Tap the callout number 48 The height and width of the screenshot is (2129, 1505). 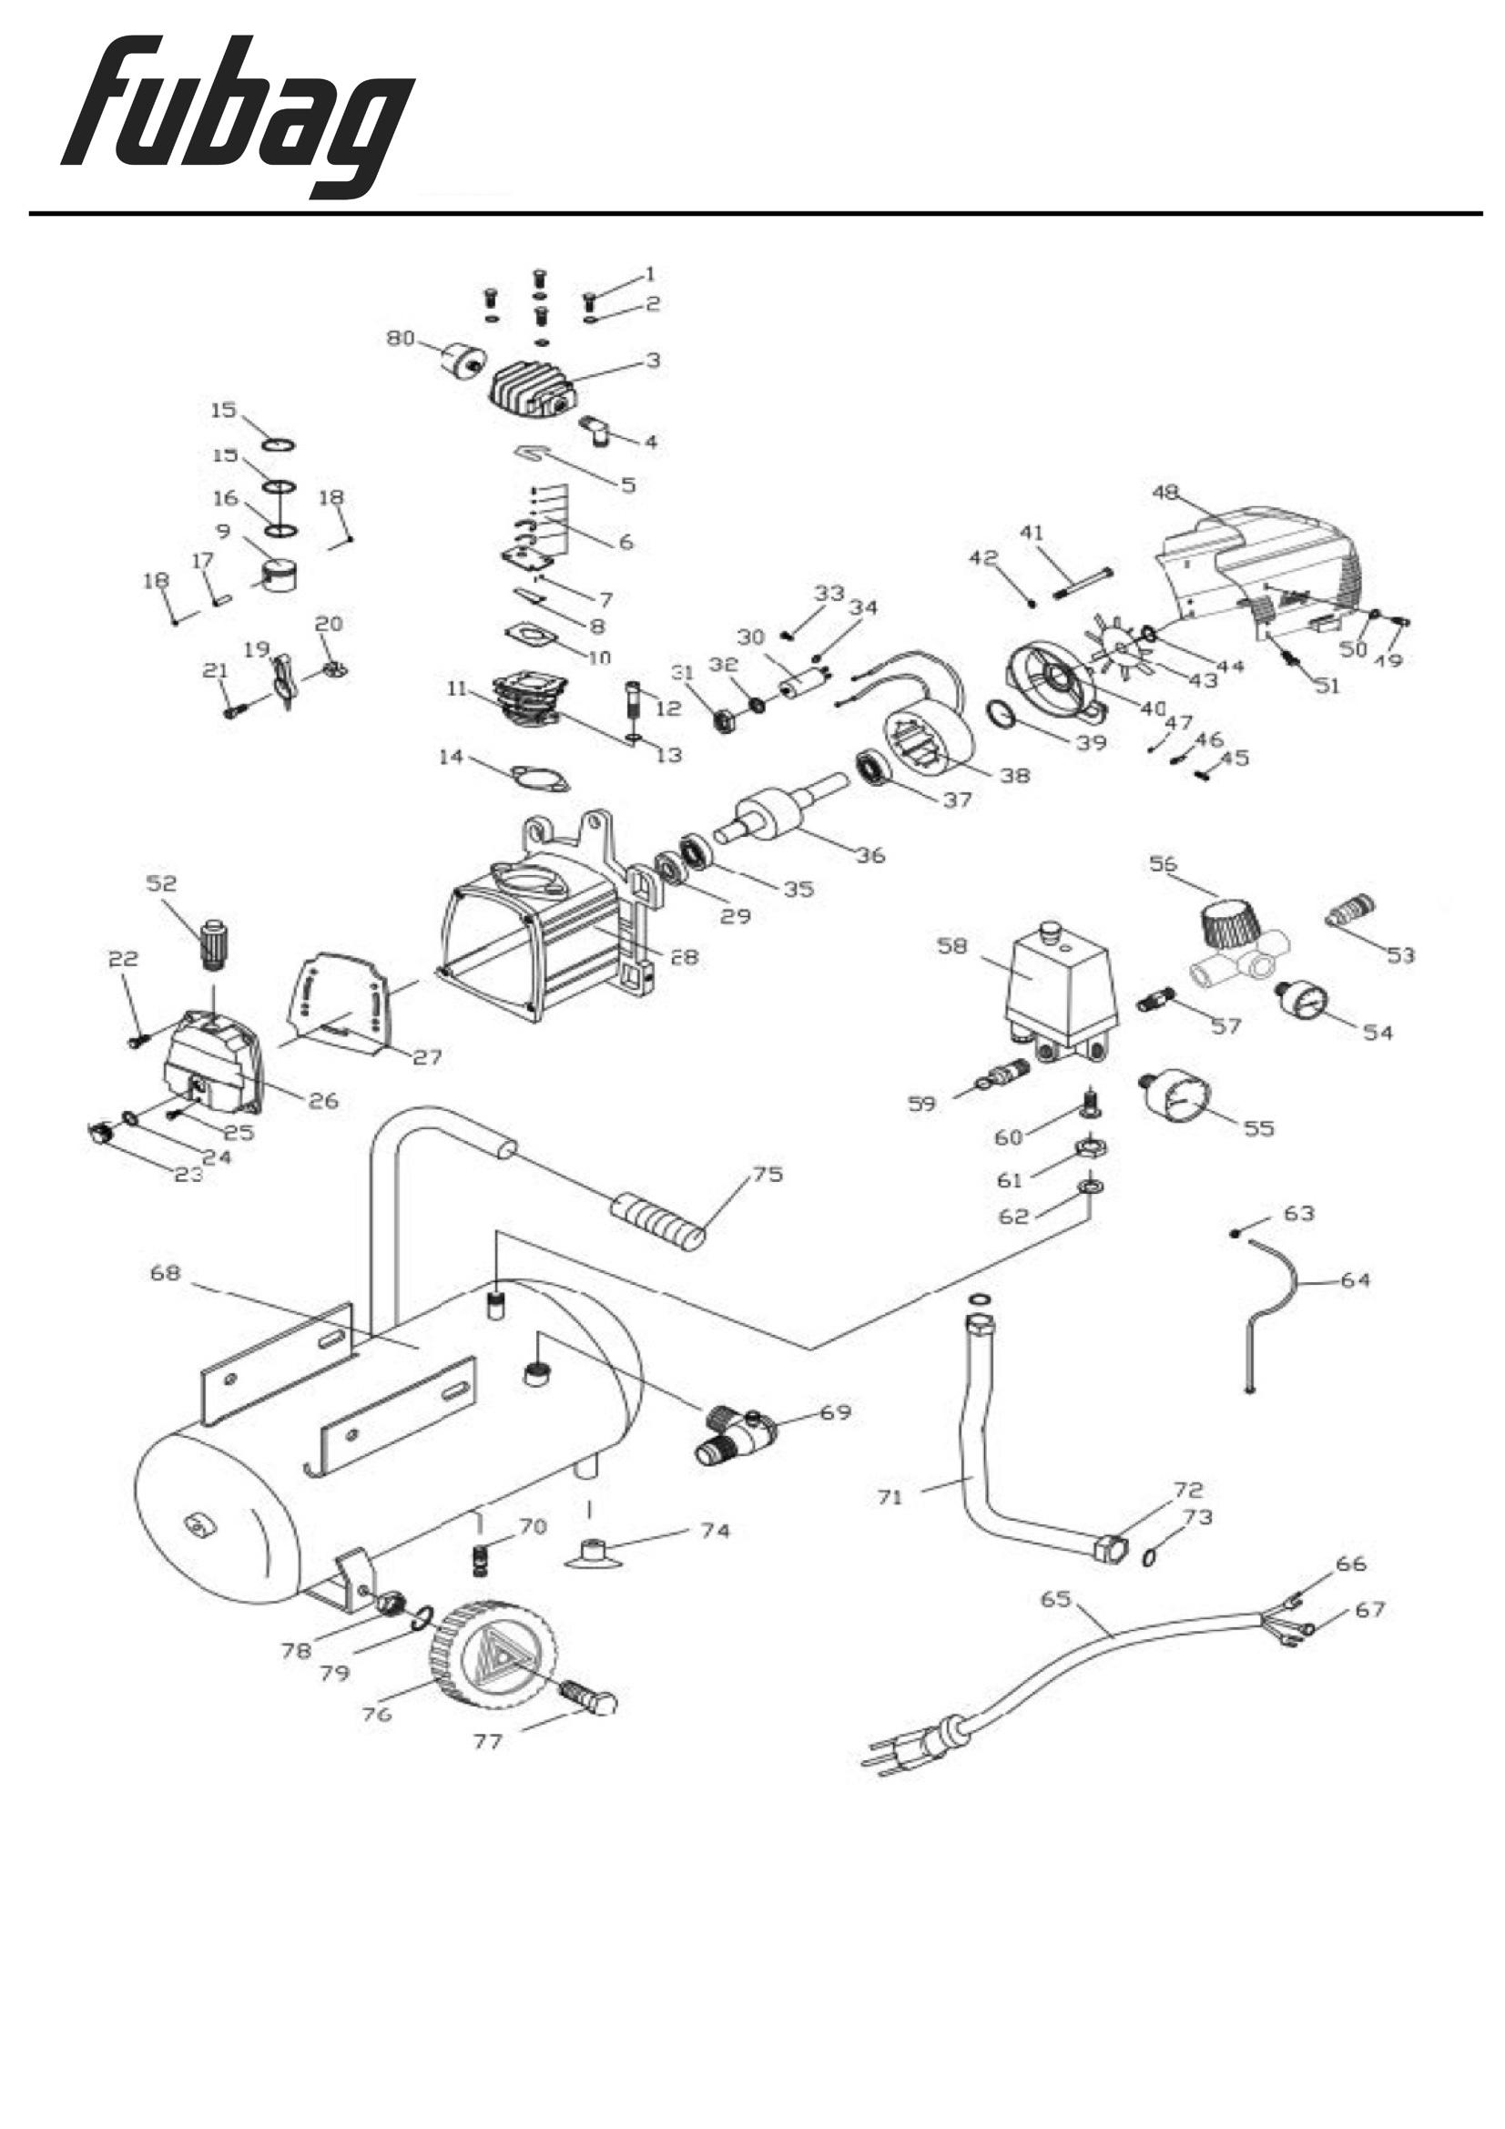pos(1164,493)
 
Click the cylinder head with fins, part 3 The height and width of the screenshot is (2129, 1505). pos(533,390)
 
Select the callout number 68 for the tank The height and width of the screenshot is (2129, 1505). pos(165,1273)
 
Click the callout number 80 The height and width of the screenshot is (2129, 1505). pos(400,339)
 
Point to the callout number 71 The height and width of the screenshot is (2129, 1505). pos(890,1497)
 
